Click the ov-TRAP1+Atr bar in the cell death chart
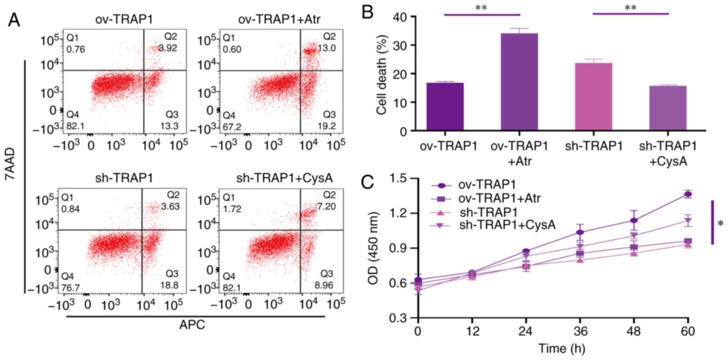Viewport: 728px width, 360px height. point(519,82)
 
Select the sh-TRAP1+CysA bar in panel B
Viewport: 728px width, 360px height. point(667,108)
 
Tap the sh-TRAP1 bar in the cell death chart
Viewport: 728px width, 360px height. point(593,97)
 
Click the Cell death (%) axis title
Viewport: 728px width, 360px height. point(382,75)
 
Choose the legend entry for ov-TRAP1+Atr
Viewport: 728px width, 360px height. point(499,198)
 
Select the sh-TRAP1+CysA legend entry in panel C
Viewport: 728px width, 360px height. point(507,225)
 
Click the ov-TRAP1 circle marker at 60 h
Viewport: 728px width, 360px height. point(688,194)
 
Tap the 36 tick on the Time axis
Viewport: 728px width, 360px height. point(580,331)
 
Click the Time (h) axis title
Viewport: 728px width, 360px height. point(561,349)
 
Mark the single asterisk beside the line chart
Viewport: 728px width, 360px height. point(720,224)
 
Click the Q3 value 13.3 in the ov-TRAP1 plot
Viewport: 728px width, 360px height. point(169,126)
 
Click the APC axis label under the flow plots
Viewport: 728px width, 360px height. point(192,325)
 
